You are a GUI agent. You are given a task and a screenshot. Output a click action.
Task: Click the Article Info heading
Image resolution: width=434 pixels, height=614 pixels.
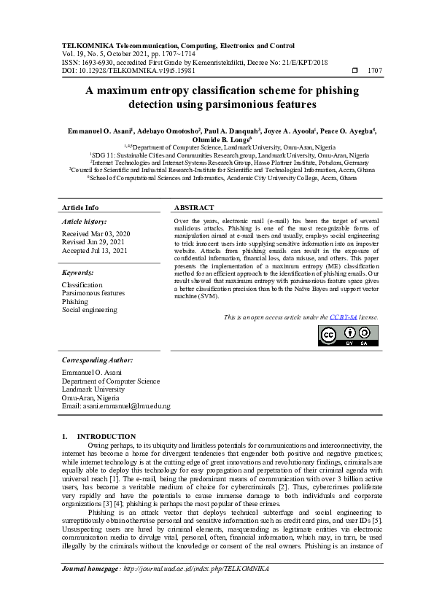(x=81, y=208)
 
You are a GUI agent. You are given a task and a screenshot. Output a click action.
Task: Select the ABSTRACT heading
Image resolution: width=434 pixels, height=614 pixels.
(x=194, y=208)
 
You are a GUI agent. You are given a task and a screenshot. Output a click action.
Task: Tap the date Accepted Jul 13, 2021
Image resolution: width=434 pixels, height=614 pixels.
(x=94, y=250)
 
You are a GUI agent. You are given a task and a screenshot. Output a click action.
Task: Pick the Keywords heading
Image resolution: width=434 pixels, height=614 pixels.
(x=79, y=272)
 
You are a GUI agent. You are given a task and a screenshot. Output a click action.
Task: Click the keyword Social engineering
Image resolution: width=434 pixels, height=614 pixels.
(x=89, y=310)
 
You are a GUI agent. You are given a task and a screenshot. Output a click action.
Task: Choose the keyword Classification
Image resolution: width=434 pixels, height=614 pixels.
(x=82, y=285)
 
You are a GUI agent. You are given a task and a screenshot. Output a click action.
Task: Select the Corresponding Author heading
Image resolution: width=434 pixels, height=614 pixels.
(x=97, y=360)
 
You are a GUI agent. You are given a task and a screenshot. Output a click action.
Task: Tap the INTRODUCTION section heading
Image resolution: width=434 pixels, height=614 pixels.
(x=106, y=436)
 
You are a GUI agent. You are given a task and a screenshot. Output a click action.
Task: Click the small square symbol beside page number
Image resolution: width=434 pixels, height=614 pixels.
(x=354, y=71)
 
